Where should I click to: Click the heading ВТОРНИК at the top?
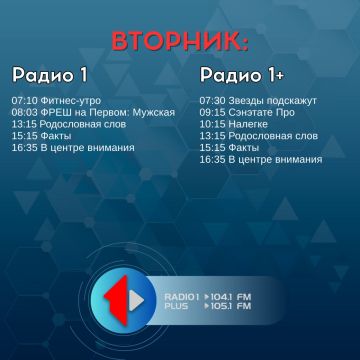179,42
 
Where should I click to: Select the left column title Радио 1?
50,75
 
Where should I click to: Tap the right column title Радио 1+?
241,75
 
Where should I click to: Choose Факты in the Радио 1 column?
58,136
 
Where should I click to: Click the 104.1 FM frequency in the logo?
231,296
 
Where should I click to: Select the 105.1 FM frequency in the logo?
231,306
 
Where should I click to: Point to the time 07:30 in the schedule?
212,100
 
